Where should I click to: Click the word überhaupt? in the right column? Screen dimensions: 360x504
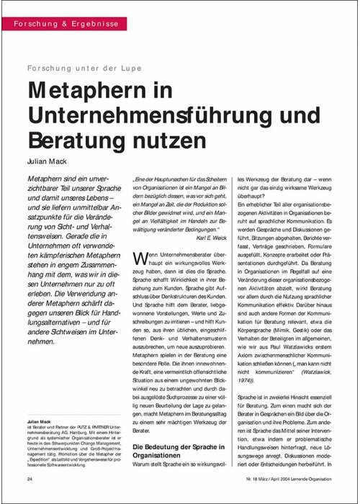tap(250, 195)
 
